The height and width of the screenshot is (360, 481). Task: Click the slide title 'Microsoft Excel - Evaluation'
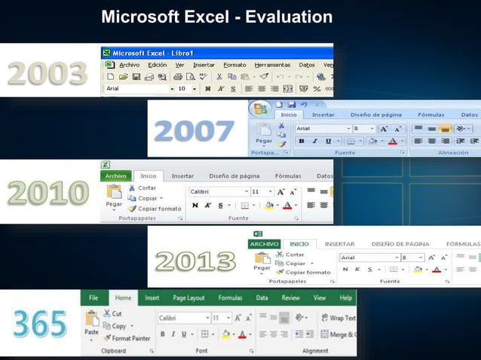point(216,17)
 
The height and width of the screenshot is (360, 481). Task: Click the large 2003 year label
point(47,74)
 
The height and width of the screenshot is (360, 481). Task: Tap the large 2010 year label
point(47,192)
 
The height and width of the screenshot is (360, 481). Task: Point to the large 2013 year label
point(195,261)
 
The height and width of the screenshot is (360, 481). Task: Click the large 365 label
point(38,324)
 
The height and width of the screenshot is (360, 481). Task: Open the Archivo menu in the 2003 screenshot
point(129,65)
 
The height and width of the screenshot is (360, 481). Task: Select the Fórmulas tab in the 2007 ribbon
point(430,114)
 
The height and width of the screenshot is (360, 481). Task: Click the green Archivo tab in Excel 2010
point(116,175)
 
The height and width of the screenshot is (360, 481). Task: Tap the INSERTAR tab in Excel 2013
point(339,244)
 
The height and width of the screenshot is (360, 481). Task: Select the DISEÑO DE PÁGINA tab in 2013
point(400,244)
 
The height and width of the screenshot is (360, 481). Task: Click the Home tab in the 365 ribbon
point(123,297)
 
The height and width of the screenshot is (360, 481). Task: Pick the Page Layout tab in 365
point(188,297)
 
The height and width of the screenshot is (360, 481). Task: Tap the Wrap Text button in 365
point(338,318)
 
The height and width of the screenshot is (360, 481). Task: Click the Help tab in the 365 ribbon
point(345,297)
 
